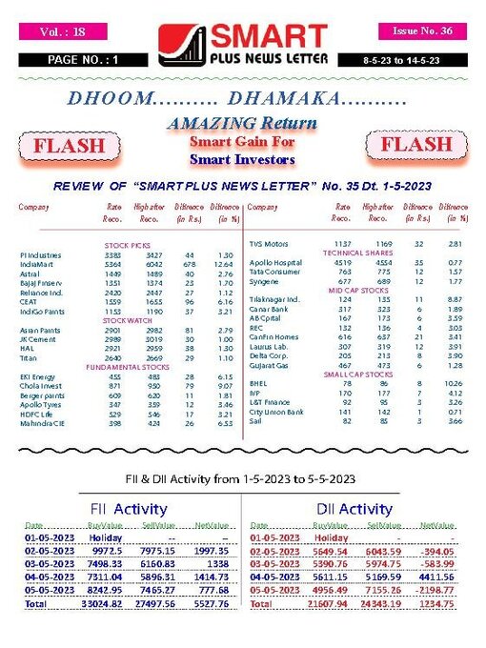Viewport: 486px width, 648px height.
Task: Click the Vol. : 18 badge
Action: (65, 31)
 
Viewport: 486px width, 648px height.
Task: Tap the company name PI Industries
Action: (40, 255)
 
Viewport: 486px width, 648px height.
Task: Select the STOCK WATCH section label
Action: (129, 321)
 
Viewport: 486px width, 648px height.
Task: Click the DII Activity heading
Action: (353, 509)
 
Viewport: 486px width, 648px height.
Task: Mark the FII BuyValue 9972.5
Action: (105, 551)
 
